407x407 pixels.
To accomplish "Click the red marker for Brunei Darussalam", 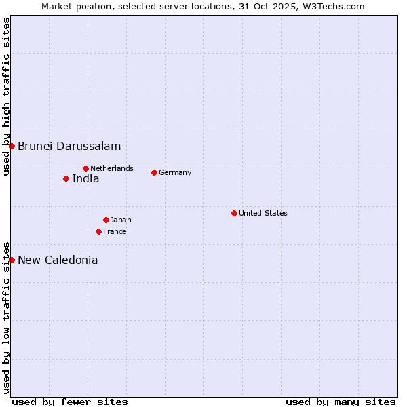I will coord(12,146).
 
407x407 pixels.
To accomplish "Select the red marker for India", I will coord(66,179).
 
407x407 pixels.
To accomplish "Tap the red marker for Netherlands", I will coord(85,168).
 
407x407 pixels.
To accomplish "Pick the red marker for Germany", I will coord(154,172).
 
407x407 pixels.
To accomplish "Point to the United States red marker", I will coord(234,213).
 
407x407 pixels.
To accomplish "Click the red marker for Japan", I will coord(106,220).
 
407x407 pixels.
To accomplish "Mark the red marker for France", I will coord(98,231).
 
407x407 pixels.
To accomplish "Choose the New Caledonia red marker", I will coord(12,260).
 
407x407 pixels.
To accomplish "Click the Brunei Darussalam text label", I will coord(69,146).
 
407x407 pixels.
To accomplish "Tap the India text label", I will coord(85,179).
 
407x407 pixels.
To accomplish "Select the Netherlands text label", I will coord(112,168).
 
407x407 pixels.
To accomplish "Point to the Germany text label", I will coord(175,172).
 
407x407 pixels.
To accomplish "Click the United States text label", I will coord(263,213).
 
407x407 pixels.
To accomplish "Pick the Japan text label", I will coord(121,220).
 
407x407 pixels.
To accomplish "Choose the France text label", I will coord(115,231).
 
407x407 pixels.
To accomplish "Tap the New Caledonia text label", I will coord(58,260).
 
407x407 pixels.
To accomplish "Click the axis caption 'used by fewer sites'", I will coord(70,402).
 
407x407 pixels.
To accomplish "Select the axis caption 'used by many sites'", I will coord(341,402).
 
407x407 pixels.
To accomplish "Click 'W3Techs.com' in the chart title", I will coord(337,7).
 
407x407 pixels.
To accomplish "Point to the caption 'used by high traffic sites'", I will coord(6,96).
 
